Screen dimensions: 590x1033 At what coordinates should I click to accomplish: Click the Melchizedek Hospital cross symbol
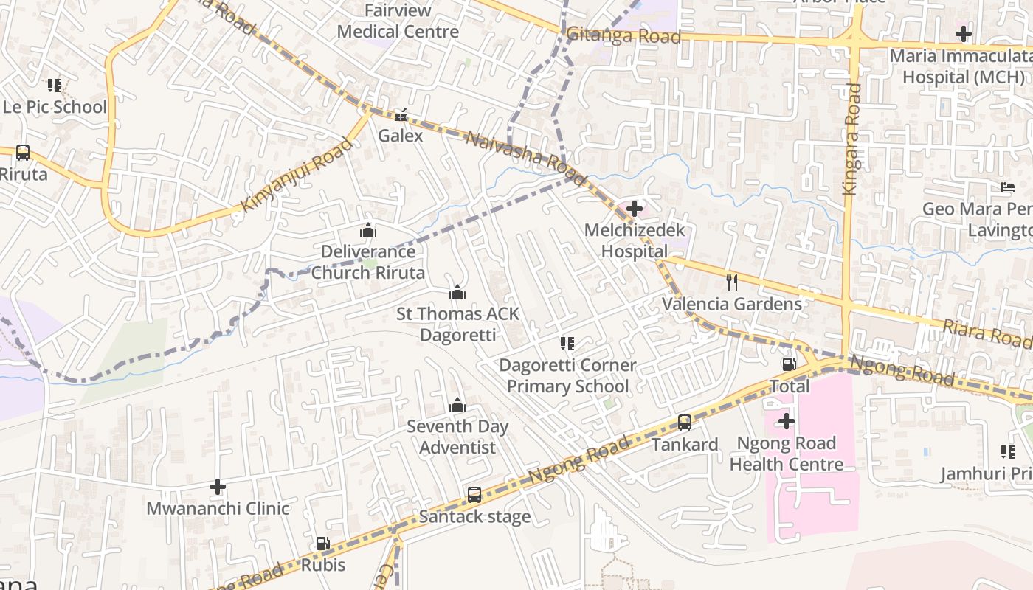(x=634, y=209)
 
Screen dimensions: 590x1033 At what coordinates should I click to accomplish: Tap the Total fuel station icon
(x=789, y=364)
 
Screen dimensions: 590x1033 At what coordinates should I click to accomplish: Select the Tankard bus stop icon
(x=685, y=423)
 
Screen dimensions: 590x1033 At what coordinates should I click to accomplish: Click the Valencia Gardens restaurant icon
(x=732, y=282)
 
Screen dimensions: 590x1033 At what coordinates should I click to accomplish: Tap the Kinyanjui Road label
(x=297, y=176)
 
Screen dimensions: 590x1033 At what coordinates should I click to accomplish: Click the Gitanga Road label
(x=623, y=35)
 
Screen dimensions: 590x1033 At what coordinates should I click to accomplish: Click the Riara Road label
(x=987, y=333)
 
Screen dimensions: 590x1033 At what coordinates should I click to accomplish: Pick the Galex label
(x=401, y=136)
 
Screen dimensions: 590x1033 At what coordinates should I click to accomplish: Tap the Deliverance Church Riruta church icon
(x=368, y=230)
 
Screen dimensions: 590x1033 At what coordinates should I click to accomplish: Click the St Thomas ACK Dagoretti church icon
(x=457, y=293)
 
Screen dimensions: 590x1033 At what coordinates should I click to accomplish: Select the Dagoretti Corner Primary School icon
(x=567, y=344)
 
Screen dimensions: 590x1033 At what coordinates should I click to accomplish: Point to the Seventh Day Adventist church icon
(x=457, y=406)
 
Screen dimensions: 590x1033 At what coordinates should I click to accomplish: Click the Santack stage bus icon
(x=474, y=495)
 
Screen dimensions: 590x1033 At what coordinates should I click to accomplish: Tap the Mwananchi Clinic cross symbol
(x=217, y=487)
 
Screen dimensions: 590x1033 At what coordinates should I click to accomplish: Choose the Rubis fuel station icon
(x=322, y=544)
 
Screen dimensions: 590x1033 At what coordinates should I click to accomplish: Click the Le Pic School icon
(x=55, y=86)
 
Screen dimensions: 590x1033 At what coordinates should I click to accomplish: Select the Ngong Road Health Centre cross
(x=787, y=421)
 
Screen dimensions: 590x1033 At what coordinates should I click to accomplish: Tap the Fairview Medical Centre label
(x=398, y=21)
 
